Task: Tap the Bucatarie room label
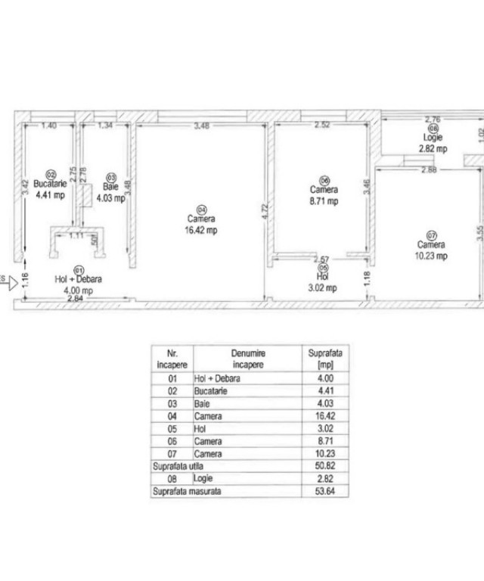51,183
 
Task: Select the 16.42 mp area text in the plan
201,231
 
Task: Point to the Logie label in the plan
433,138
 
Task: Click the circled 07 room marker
432,235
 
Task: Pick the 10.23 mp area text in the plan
432,256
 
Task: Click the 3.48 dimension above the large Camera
201,126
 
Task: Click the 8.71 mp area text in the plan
323,201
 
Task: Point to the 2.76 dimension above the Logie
432,120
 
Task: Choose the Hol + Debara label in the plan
78,278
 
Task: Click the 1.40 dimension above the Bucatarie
49,126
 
